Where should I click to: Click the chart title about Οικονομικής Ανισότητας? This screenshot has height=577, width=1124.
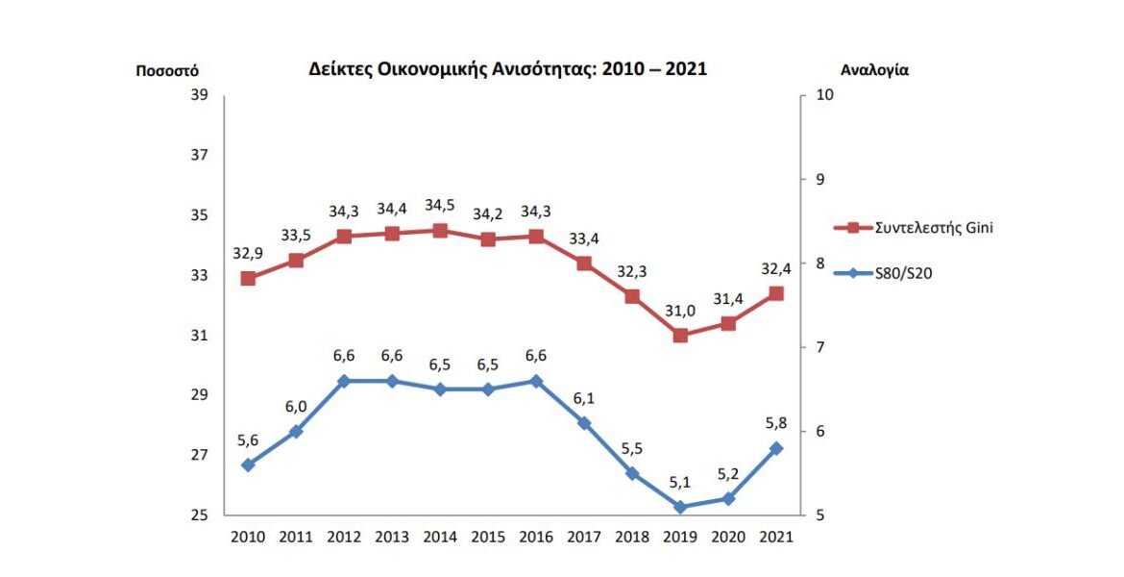pyautogui.click(x=507, y=69)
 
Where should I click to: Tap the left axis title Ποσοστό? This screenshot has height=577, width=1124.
pyautogui.click(x=167, y=70)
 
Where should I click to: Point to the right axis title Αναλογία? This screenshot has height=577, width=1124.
pyautogui.click(x=874, y=70)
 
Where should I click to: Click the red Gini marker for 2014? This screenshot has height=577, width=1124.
pyautogui.click(x=440, y=230)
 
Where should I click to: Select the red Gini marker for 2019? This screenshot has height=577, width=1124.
pyautogui.click(x=680, y=336)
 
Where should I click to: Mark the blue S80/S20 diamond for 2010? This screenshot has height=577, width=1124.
pyautogui.click(x=248, y=464)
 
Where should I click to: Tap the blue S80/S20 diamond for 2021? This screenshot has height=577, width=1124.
pyautogui.click(x=776, y=448)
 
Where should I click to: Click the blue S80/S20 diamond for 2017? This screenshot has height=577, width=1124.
pyautogui.click(x=584, y=423)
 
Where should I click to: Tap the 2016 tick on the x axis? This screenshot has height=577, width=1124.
pyautogui.click(x=536, y=538)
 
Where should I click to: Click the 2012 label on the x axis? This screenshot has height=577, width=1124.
pyautogui.click(x=344, y=538)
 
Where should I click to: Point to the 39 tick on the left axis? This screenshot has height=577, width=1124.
pyautogui.click(x=199, y=95)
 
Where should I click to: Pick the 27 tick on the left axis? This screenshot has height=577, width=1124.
pyautogui.click(x=199, y=455)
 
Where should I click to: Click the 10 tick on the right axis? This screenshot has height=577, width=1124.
pyautogui.click(x=823, y=95)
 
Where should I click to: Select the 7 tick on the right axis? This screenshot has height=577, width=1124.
pyautogui.click(x=819, y=347)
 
